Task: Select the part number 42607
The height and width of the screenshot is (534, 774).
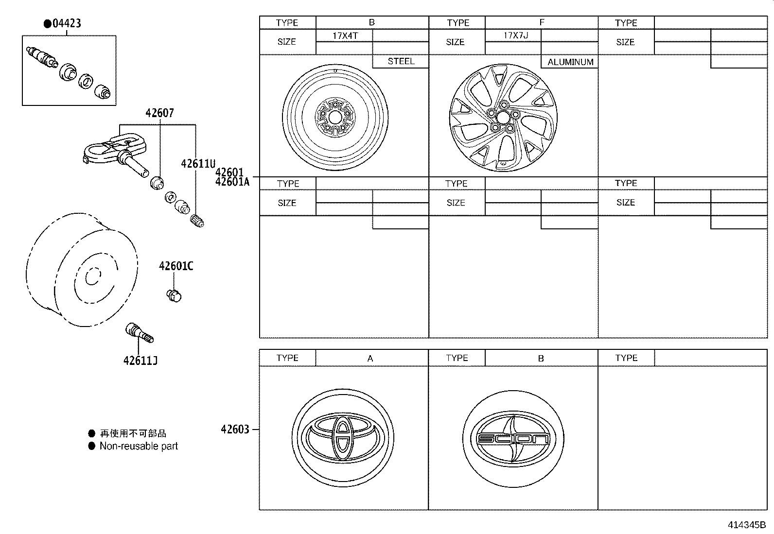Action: click(x=159, y=113)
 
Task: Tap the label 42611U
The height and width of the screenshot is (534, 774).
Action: click(x=198, y=164)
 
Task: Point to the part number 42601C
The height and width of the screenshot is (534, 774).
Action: click(x=176, y=266)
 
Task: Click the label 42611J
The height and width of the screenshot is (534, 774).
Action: click(x=140, y=361)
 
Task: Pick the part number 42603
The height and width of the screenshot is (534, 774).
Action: click(x=235, y=430)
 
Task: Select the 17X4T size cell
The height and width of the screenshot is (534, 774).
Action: click(x=345, y=36)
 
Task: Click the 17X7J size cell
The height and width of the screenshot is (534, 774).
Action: click(x=515, y=35)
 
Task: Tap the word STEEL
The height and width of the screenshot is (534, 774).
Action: click(x=401, y=61)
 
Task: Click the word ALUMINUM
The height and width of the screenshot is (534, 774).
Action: click(x=570, y=62)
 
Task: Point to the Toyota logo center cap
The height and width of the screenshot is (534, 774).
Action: click(x=343, y=437)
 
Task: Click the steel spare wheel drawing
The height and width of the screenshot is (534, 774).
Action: click(x=335, y=117)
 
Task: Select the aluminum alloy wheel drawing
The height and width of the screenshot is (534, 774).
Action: click(x=503, y=118)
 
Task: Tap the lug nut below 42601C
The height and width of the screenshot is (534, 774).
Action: click(x=174, y=295)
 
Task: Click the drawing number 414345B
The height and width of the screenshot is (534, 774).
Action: click(x=746, y=525)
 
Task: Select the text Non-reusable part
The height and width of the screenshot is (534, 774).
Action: click(x=139, y=446)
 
